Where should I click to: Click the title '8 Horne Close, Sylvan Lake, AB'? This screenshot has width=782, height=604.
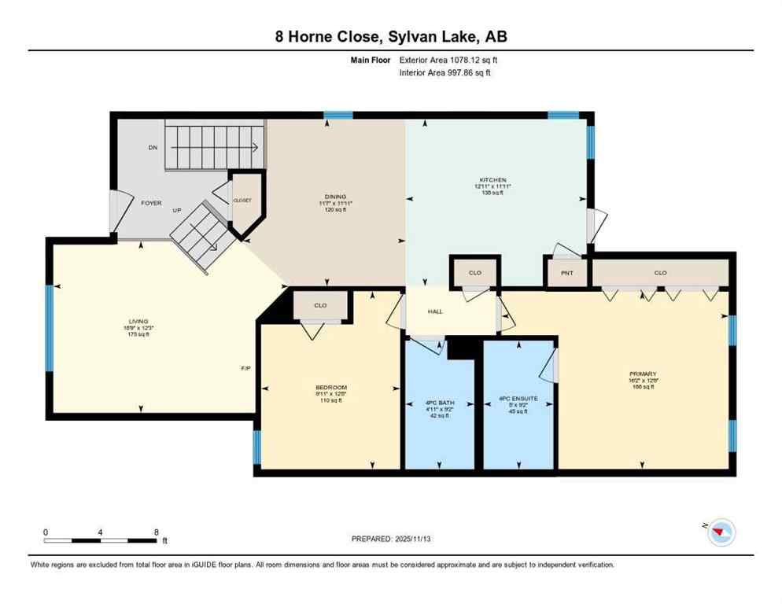(391, 37)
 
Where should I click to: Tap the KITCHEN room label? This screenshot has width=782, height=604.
(493, 179)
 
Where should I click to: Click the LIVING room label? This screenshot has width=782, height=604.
(138, 321)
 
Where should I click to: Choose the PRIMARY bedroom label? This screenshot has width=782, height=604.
(642, 374)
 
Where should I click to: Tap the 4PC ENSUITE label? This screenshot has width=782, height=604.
(518, 399)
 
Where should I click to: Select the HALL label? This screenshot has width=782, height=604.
(435, 311)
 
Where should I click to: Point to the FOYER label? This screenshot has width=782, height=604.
(151, 203)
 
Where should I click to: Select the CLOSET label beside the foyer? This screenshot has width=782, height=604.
(242, 201)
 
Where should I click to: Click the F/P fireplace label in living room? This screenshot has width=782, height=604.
(245, 368)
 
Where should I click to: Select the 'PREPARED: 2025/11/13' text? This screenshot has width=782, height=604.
(390, 539)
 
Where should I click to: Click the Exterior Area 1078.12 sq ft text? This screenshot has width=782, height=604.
(448, 60)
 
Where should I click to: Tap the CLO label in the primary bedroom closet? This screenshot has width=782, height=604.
(659, 273)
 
